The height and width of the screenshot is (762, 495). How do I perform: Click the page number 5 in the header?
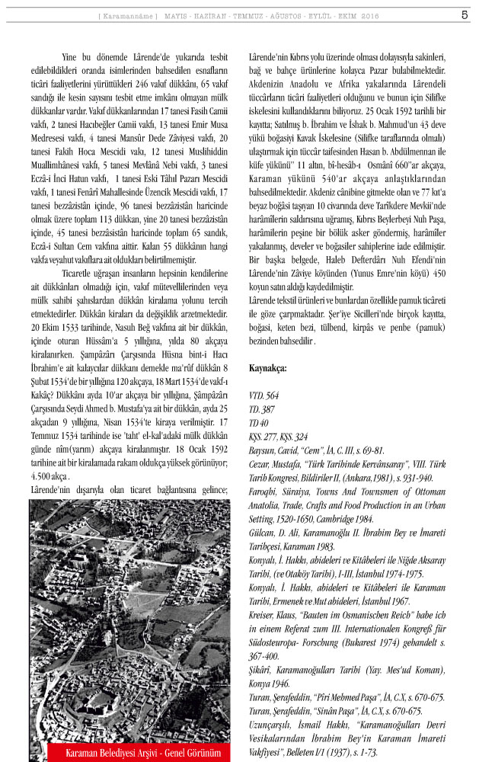(464, 14)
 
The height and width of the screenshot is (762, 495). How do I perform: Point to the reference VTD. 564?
(263, 397)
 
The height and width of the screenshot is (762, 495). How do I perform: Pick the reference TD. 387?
(262, 409)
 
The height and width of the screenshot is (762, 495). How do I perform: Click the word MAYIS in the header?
(177, 14)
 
